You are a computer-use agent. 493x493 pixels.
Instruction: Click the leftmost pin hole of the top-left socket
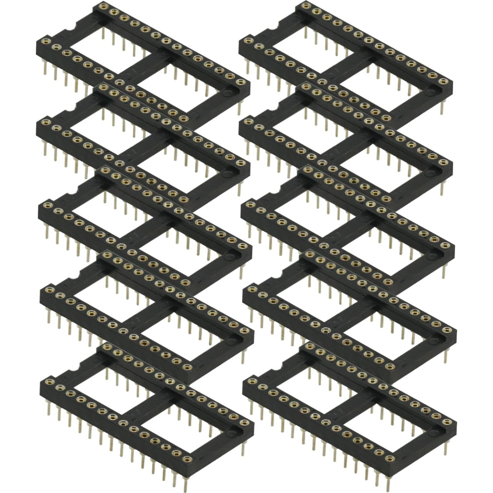tap(44, 41)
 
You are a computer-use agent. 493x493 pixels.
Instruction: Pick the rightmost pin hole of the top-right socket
tap(450, 81)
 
